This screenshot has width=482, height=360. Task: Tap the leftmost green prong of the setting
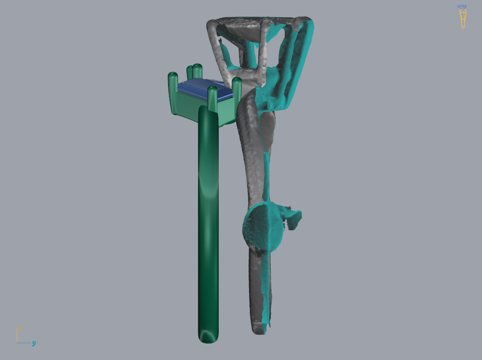pos(173,92)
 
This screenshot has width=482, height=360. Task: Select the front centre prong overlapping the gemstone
pos(213,99)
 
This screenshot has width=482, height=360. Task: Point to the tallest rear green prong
pos(197,71)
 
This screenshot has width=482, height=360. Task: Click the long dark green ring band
pos(208,225)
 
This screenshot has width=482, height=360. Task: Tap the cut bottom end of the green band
pos(208,337)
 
